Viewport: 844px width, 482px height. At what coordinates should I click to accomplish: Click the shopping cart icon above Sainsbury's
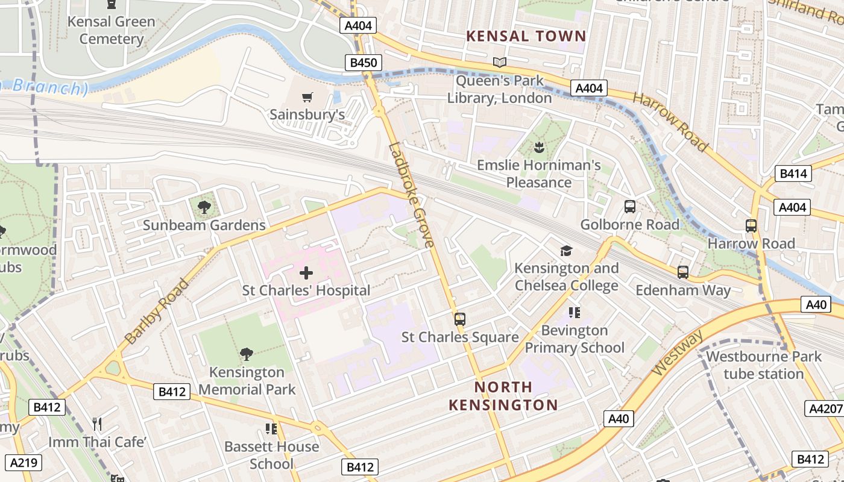point(307,97)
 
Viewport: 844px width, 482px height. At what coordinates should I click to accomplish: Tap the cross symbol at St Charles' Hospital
point(306,273)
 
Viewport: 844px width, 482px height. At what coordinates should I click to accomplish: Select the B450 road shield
point(364,63)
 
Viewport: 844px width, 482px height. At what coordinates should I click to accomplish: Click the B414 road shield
point(793,174)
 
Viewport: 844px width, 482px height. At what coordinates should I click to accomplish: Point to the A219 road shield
point(25,463)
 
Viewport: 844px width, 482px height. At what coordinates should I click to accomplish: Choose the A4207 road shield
point(825,409)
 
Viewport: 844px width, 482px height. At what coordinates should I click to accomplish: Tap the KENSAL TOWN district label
point(526,36)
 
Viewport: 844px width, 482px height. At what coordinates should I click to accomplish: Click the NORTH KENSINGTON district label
point(503,396)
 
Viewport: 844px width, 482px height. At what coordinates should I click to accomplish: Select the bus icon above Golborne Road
point(630,207)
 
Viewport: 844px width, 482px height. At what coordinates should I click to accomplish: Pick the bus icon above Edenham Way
point(682,272)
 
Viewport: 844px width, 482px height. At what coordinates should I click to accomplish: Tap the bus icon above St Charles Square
point(460,319)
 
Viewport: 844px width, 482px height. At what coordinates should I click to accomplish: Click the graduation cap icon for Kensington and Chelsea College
point(566,251)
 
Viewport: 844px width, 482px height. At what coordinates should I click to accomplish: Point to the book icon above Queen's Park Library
point(499,62)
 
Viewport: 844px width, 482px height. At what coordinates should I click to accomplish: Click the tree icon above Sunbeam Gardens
point(204,207)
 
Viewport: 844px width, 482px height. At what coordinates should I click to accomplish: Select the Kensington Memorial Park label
point(247,381)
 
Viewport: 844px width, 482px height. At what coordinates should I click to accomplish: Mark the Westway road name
point(678,352)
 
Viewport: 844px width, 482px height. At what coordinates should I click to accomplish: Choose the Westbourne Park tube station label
point(764,365)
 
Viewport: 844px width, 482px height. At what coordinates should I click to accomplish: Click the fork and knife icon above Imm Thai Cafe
point(97,424)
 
